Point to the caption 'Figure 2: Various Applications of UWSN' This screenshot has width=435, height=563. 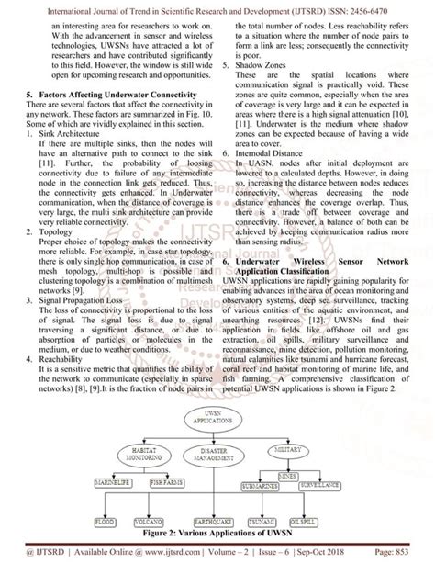(x=216, y=532)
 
